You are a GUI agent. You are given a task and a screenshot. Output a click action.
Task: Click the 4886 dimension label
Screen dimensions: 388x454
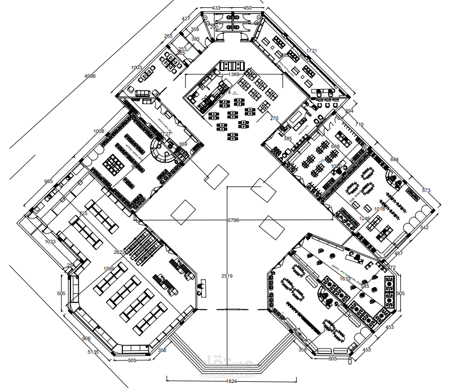[90, 75]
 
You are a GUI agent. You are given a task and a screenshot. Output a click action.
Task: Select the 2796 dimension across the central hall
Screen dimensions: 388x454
[233, 220]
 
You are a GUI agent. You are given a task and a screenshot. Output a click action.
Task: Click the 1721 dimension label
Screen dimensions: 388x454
[312, 51]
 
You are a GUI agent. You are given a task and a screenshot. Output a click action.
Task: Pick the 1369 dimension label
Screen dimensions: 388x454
[234, 74]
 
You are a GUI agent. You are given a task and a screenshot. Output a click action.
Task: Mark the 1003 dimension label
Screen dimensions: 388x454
[136, 68]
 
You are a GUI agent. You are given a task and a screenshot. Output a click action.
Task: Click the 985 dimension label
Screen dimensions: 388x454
[49, 181]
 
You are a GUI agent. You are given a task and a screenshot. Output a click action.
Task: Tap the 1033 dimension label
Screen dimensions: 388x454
[50, 242]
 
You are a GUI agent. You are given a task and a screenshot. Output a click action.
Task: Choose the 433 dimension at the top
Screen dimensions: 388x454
[216, 8]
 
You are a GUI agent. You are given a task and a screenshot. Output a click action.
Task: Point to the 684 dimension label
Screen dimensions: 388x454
[394, 160]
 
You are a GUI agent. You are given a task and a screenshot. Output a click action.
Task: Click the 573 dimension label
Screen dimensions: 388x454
[426, 191]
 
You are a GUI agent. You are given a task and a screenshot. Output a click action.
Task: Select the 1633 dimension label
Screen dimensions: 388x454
[345, 278]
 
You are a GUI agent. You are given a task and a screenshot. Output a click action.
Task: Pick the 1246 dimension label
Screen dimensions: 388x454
[365, 218]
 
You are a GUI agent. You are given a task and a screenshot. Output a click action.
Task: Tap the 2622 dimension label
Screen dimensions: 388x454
[119, 252]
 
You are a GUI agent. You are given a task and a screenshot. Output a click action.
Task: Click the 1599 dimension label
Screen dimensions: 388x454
[109, 269]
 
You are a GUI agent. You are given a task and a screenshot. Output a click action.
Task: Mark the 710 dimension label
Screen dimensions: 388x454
[359, 124]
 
